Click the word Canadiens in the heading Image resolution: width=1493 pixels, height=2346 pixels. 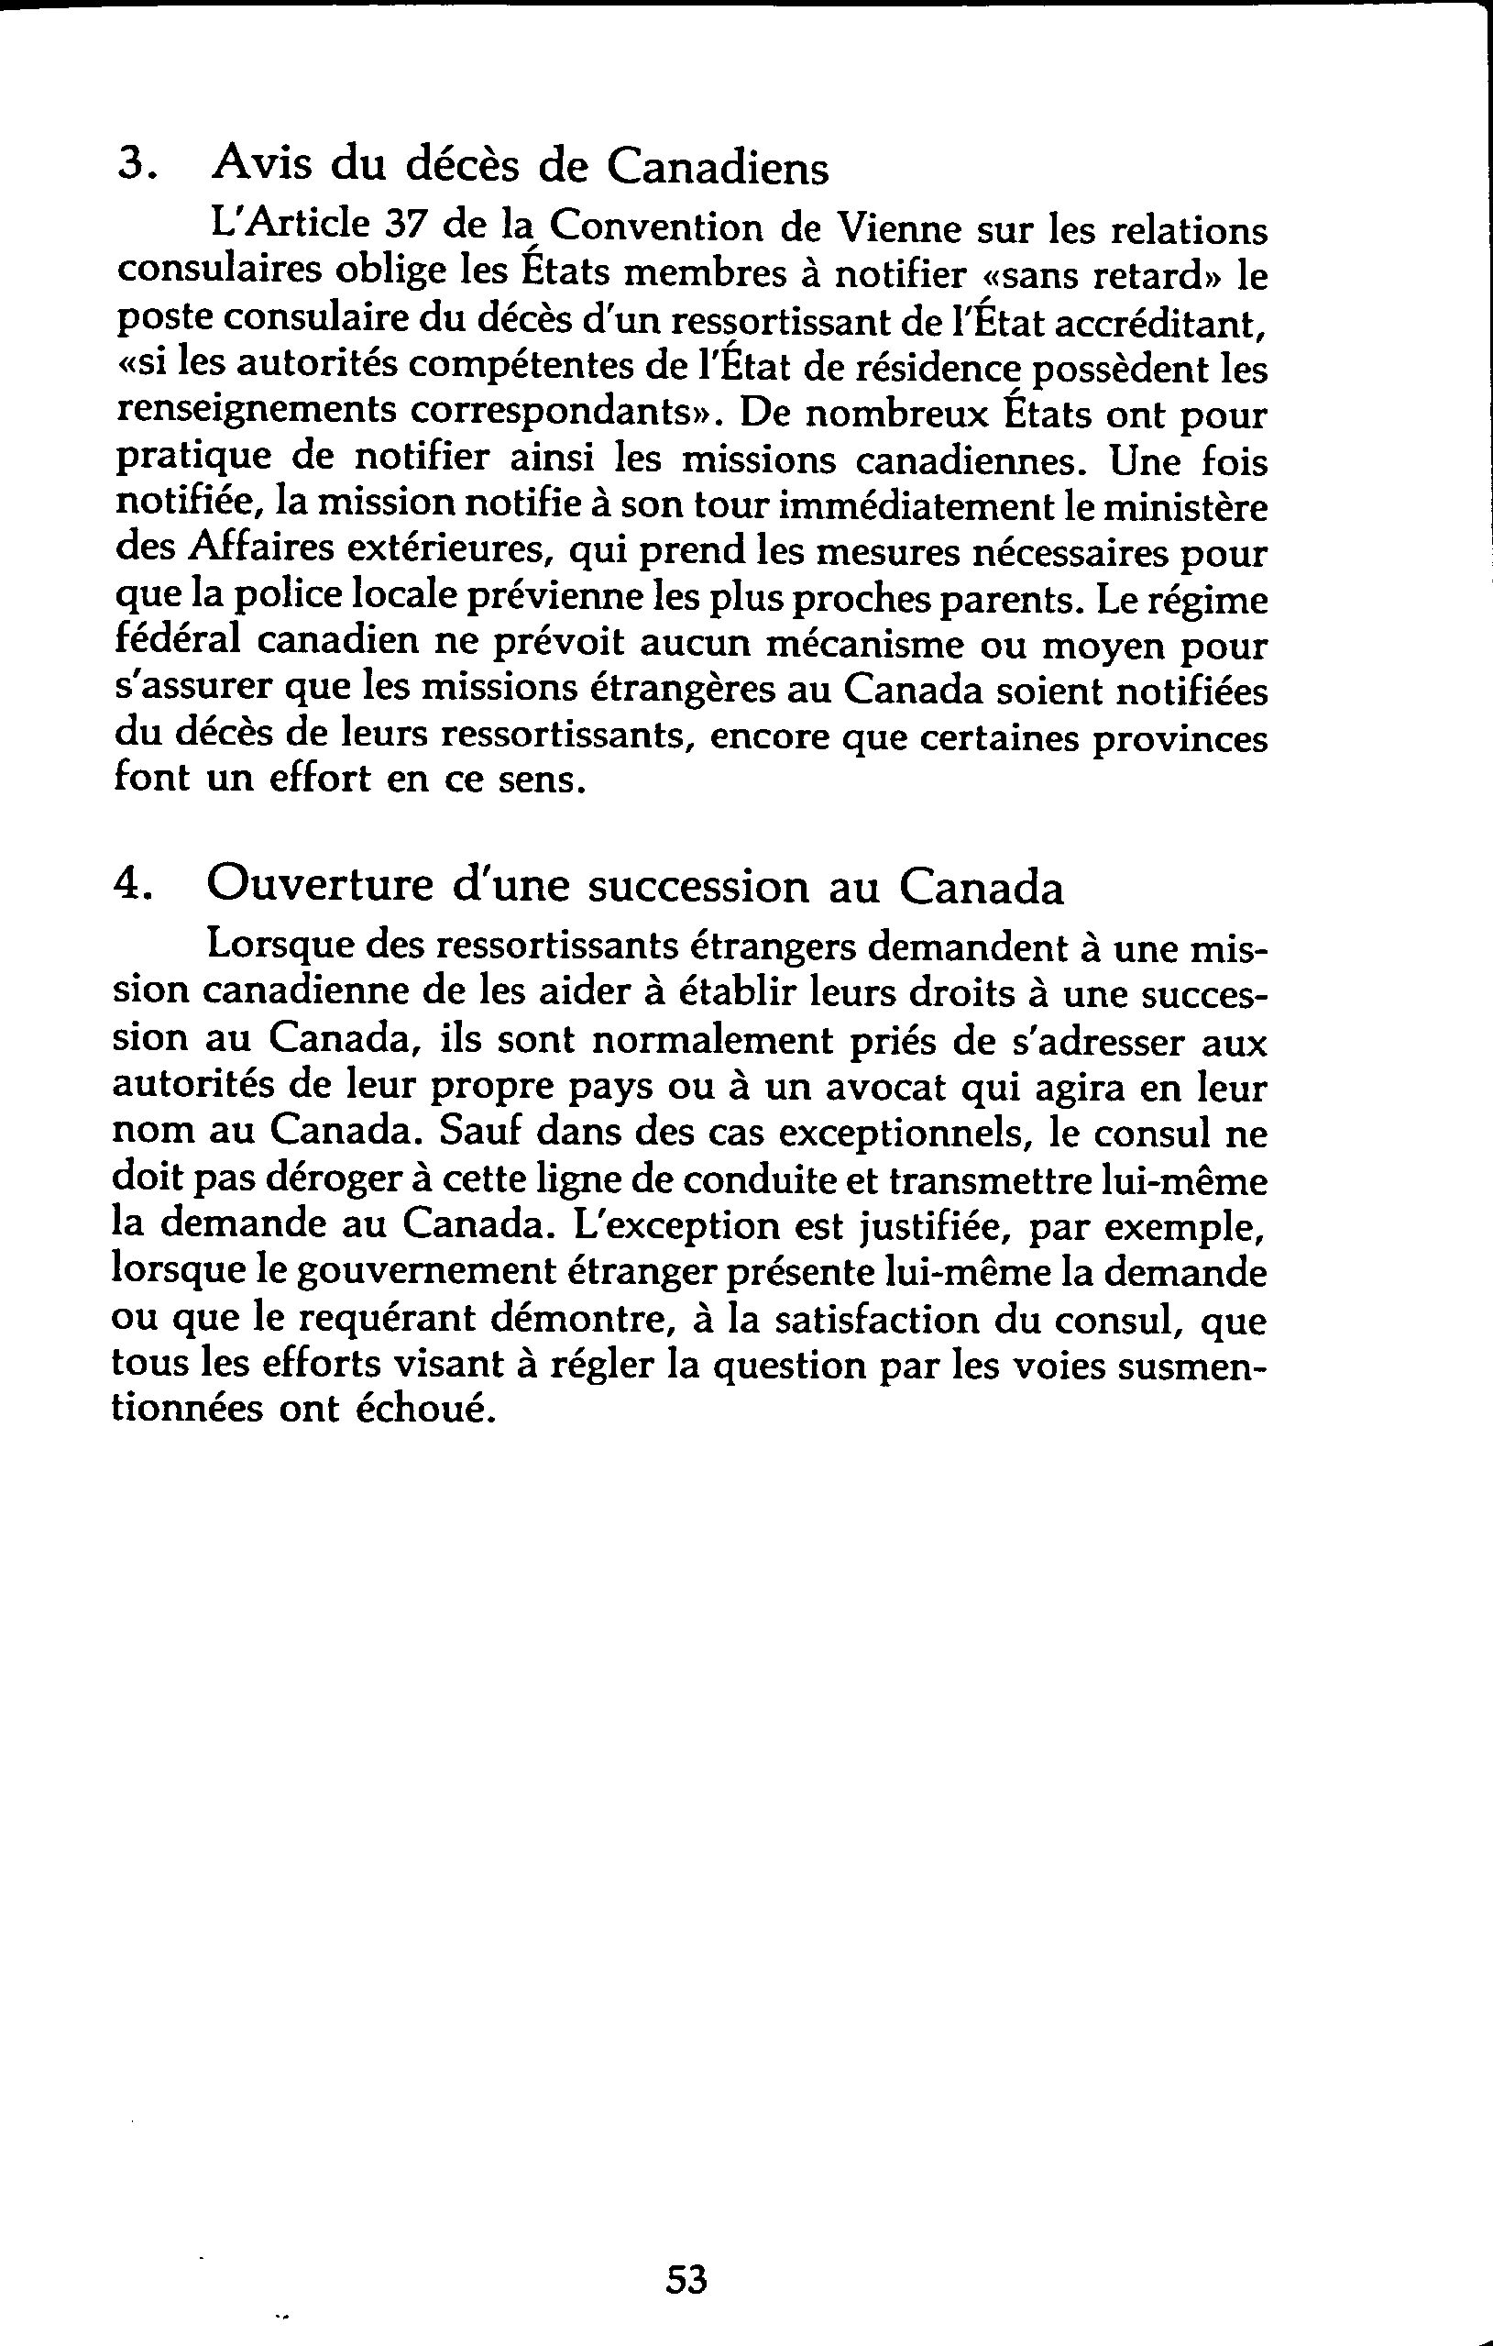[718, 167]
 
